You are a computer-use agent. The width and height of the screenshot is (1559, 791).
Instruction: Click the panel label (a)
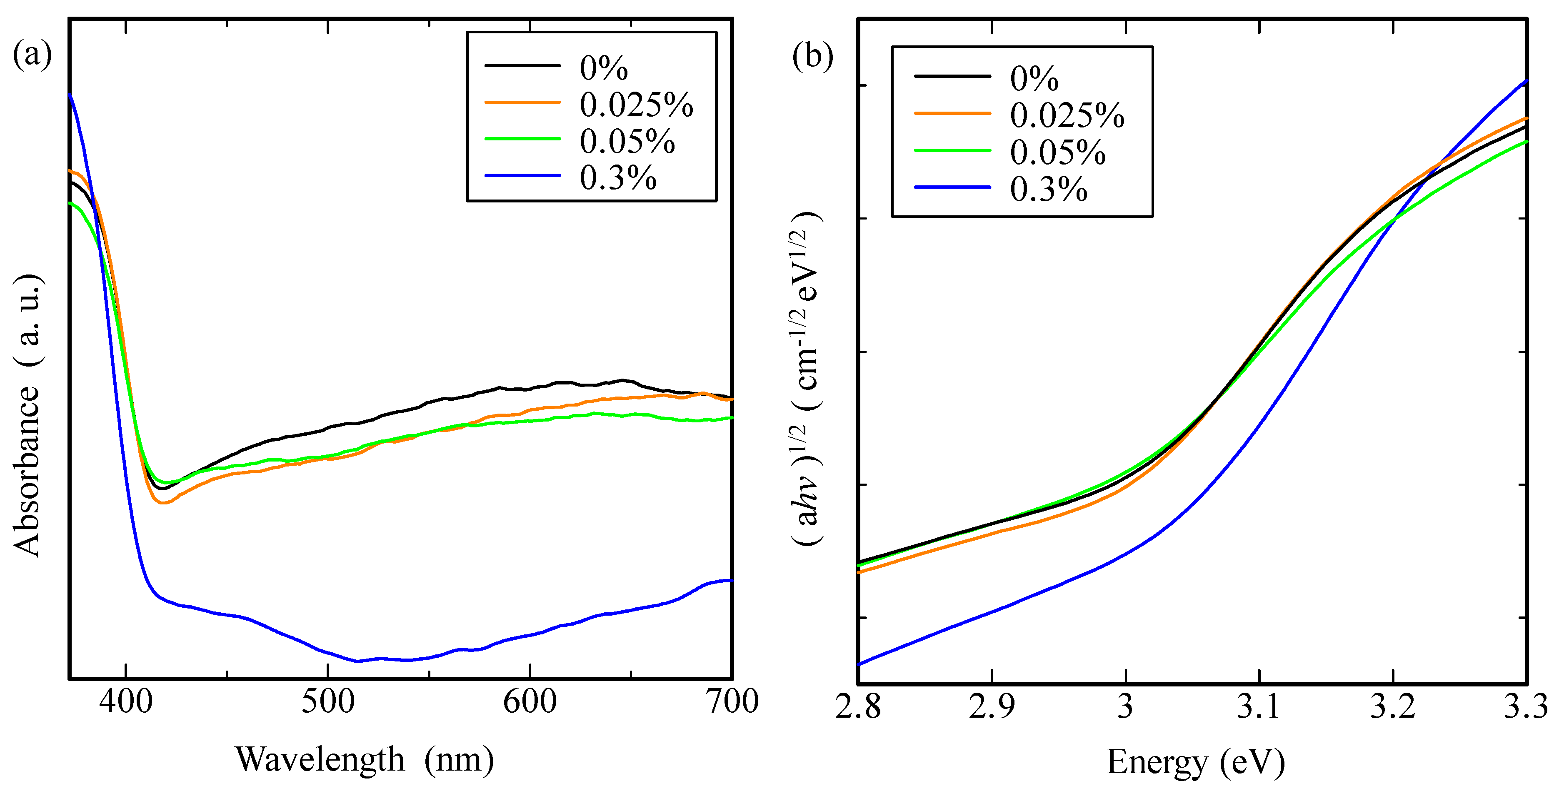[32, 55]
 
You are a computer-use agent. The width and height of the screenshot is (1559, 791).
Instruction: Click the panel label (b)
[812, 56]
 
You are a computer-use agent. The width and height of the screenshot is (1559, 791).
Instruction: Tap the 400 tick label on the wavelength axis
[126, 702]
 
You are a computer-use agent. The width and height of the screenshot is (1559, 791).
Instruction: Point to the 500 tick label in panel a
[328, 702]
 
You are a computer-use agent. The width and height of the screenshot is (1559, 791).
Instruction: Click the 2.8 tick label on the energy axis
[858, 706]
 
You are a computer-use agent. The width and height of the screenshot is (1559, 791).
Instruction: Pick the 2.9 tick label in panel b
[992, 706]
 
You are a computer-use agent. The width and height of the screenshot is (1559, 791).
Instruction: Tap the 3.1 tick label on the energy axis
[1259, 706]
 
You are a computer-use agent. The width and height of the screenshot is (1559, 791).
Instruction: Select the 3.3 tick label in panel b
[1526, 706]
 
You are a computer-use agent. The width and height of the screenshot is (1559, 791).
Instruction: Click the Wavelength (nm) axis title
[364, 759]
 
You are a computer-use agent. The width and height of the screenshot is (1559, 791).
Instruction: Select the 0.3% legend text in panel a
[618, 177]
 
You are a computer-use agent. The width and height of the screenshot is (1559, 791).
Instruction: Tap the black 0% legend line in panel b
[952, 76]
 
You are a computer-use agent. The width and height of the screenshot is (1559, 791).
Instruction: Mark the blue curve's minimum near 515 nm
[357, 661]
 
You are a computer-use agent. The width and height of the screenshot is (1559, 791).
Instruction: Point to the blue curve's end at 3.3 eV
[1526, 80]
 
